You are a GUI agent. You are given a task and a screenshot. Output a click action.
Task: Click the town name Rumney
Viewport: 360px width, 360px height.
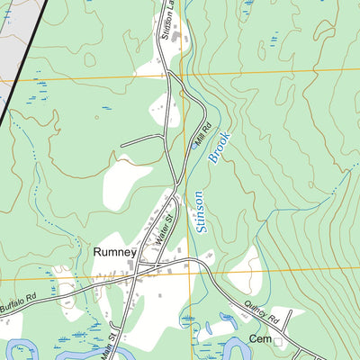[x=113, y=253]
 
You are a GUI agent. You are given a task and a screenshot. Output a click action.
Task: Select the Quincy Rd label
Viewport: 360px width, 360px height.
[x=262, y=316]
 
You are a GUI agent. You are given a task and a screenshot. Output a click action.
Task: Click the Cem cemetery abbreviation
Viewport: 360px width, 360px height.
[x=260, y=339]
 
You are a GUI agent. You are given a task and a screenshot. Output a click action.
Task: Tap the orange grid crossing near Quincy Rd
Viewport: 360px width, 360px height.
[x=190, y=273]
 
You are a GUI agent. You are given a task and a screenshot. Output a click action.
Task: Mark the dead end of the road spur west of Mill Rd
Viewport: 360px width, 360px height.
[x=121, y=145]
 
